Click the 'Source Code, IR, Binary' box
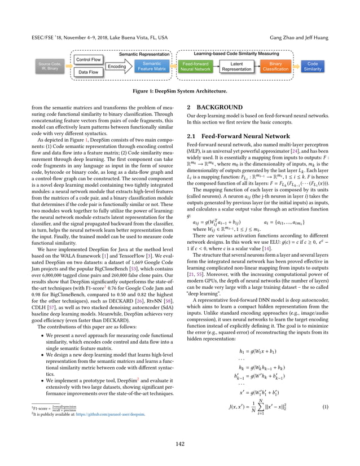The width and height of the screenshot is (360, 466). coord(49,67)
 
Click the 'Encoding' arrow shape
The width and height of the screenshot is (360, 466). coord(117,67)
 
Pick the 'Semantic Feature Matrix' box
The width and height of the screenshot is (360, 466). coord(151,67)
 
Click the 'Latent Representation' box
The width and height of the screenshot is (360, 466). coord(236,67)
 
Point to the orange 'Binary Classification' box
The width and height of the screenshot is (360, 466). coord(275,67)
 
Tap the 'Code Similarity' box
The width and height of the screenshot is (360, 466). coord(311,67)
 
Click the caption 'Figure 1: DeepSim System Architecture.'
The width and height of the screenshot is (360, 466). coord(180,91)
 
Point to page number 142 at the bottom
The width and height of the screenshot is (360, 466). coord(180,443)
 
